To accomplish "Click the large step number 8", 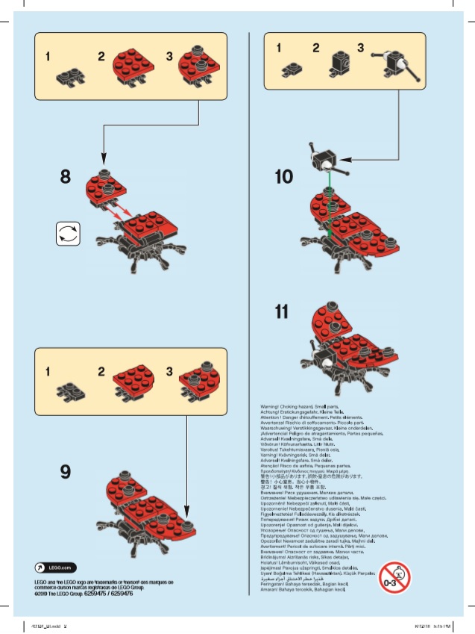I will coord(66,177).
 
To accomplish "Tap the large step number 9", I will coord(66,471).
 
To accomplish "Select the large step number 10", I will coord(283,177).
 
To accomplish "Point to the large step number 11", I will coord(281,312).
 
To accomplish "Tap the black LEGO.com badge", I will coord(56,568).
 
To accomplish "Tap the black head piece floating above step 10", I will coord(324,160).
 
